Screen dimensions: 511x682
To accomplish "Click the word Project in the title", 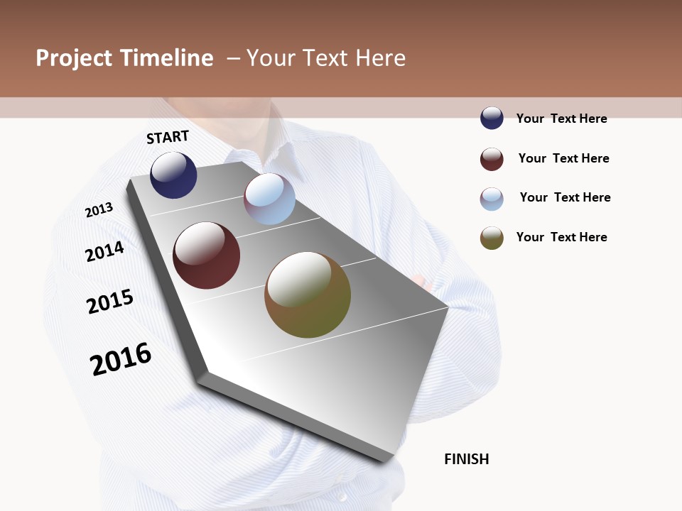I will pos(75,58).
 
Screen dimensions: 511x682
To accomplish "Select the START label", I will pos(168,137).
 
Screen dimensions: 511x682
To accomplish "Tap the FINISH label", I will pos(466,459).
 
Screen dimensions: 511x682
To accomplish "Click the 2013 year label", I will pos(99,210).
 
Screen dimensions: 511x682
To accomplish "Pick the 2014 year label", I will pos(104,251).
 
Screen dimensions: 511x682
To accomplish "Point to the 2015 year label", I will pos(110,301).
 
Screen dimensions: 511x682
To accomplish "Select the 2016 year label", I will pos(121,358).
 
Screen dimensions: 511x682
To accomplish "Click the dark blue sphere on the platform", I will pos(173,175).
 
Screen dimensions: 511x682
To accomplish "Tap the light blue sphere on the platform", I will pos(269,199).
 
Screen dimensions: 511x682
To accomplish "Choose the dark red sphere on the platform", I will pos(206,255).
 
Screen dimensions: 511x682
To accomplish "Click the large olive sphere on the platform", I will pos(308,295).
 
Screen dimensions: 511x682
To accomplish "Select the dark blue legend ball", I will pos(492,118).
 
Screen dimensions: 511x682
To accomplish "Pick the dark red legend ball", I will pos(492,159).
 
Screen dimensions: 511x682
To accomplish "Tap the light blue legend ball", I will pos(492,199).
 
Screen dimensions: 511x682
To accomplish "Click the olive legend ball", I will pos(492,238).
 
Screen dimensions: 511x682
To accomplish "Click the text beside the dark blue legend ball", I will pos(561,119).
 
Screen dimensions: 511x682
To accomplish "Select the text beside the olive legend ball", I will pos(561,237).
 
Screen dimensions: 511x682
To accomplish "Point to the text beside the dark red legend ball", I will pos(563,158).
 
